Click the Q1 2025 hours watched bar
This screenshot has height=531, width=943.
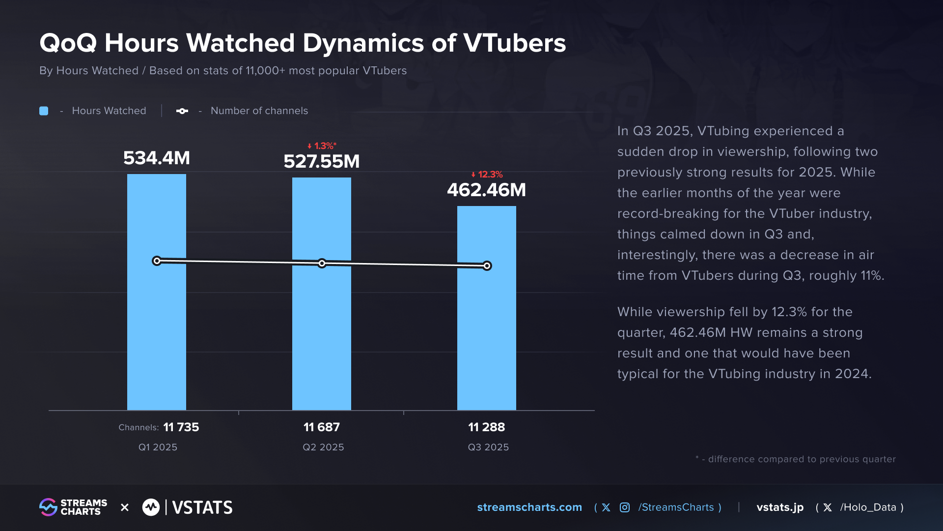point(156,334)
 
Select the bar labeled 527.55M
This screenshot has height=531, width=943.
point(321,334)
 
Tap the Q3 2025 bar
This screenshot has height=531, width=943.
point(486,339)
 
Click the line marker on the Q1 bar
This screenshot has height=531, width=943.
point(157,261)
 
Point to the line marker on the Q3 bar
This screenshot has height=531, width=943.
point(487,265)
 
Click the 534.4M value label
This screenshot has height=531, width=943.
point(156,158)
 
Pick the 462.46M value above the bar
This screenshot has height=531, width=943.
point(486,190)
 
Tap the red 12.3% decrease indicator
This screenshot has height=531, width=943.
point(487,175)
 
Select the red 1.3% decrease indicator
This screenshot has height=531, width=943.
point(322,146)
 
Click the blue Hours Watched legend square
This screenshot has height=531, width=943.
point(44,111)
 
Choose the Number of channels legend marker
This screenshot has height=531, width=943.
point(182,111)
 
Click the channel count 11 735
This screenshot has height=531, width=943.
point(181,427)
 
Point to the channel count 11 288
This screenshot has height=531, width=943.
point(486,427)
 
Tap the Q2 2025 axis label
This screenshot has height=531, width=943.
point(323,447)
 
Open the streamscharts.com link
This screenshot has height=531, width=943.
point(529,507)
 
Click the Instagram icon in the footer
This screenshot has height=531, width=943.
point(624,507)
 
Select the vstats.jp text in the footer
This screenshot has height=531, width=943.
point(780,507)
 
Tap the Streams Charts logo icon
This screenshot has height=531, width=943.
point(48,507)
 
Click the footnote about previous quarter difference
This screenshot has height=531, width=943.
point(796,459)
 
